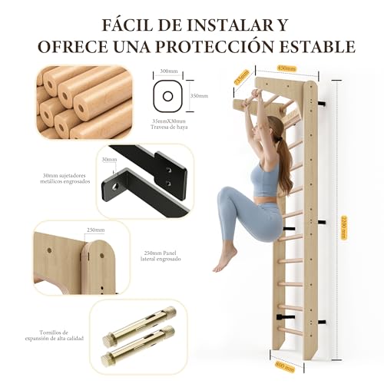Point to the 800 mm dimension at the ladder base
(283, 363)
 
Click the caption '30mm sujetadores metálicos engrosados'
(68, 180)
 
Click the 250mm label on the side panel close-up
(96, 230)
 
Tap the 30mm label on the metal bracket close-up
(108, 160)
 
